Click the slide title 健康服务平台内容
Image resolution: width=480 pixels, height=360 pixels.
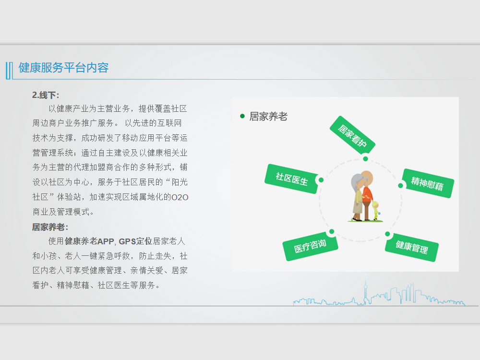(64, 68)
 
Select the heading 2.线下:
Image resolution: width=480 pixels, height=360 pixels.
(46, 95)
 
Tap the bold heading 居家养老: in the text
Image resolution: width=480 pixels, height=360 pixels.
(50, 227)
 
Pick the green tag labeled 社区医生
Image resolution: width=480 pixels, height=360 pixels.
(292, 179)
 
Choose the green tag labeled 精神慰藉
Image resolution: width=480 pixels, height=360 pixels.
(427, 183)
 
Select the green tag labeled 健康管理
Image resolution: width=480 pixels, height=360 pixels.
(412, 247)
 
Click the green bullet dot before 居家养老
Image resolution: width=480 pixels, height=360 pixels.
(242, 116)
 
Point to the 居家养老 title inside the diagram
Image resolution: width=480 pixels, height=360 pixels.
(268, 116)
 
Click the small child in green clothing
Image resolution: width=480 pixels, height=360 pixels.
(376, 211)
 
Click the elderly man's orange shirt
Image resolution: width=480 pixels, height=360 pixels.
(367, 196)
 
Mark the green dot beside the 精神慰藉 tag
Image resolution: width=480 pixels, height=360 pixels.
(400, 186)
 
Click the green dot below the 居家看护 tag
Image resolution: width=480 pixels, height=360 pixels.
(365, 158)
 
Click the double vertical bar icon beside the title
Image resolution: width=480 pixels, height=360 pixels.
(9, 71)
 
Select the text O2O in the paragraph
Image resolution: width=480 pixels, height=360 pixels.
(180, 197)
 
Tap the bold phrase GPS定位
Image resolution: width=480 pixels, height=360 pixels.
(135, 241)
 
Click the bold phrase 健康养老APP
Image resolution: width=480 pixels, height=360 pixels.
(89, 241)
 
